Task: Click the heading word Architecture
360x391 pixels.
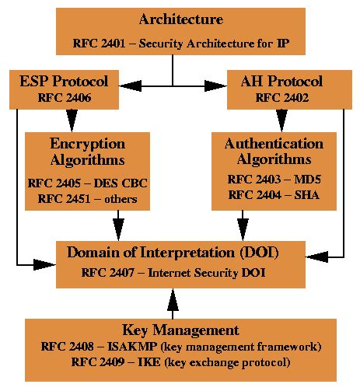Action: [x=181, y=18]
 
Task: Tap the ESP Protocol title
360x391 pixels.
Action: [x=65, y=79]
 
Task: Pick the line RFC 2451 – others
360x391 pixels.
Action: [x=86, y=199]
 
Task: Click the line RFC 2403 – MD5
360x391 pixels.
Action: [x=273, y=179]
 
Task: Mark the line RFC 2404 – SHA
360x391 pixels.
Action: [x=273, y=194]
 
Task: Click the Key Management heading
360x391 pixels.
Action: [x=181, y=330]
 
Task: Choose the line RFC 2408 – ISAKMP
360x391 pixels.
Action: [x=181, y=347]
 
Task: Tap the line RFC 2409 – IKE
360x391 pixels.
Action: [x=181, y=362]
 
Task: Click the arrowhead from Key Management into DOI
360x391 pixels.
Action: [x=173, y=299]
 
